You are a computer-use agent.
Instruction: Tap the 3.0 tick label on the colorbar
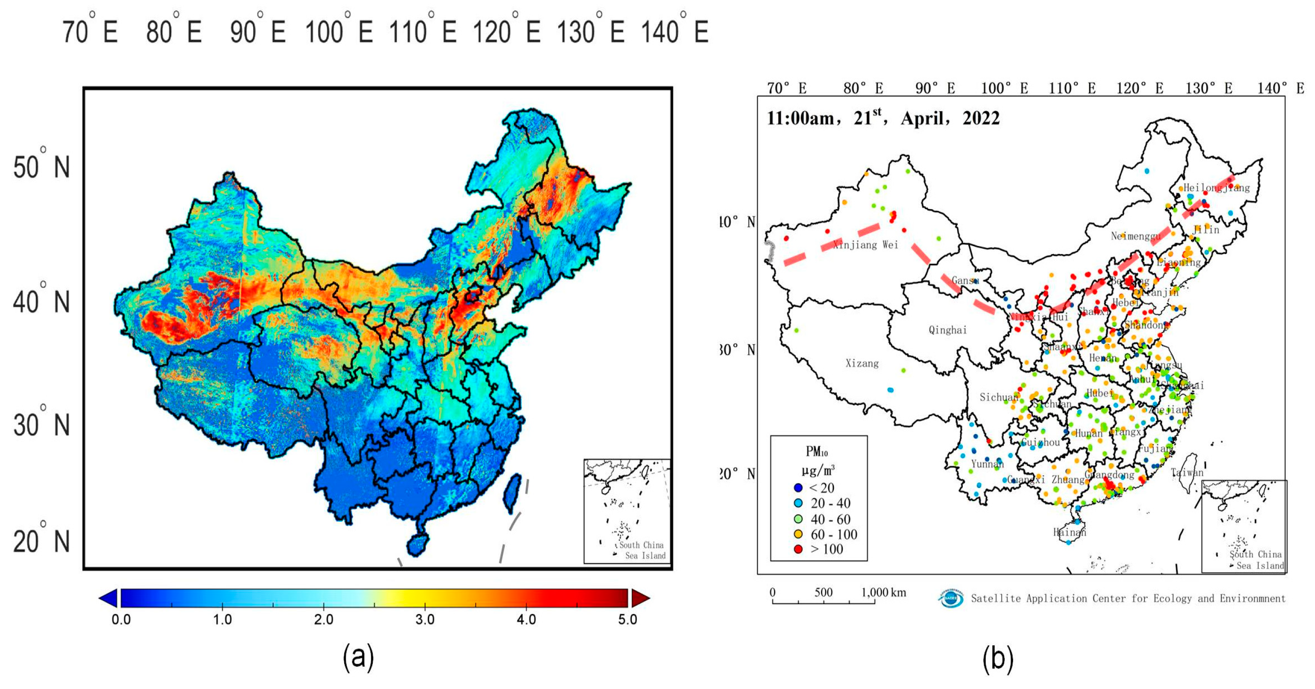[x=425, y=620]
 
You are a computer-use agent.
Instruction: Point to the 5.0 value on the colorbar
[x=627, y=620]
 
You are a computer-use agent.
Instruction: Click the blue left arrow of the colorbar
[x=108, y=598]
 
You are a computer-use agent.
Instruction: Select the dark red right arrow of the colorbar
[x=640, y=598]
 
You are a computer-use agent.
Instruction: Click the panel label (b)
[x=998, y=658]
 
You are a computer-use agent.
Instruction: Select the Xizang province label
[x=862, y=363]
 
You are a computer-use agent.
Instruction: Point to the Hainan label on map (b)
[x=1069, y=532]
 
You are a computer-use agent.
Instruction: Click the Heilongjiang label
[x=1217, y=188]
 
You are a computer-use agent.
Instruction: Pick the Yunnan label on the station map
[x=987, y=464]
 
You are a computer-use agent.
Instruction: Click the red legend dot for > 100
[x=798, y=549]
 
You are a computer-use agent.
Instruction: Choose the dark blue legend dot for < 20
[x=798, y=488]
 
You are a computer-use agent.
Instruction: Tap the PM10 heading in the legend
[x=817, y=452]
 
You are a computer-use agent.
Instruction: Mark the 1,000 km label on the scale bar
[x=884, y=592]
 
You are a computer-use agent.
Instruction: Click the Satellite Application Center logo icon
[x=951, y=598]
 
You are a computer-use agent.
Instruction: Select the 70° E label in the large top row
[x=91, y=32]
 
